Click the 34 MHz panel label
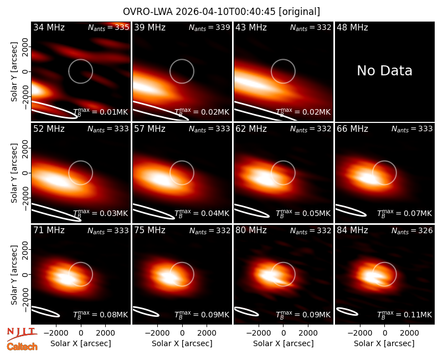point(49,27)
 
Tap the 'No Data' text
point(384,71)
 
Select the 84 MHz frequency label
point(352,230)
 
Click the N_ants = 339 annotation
point(209,27)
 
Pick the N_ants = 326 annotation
point(412,231)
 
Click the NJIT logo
point(22,334)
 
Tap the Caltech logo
point(22,347)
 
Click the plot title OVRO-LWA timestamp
point(221,12)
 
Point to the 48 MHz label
point(352,27)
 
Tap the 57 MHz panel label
point(150,129)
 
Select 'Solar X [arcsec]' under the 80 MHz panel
point(284,343)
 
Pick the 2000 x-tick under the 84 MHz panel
point(409,333)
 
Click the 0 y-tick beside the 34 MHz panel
point(25,71)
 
